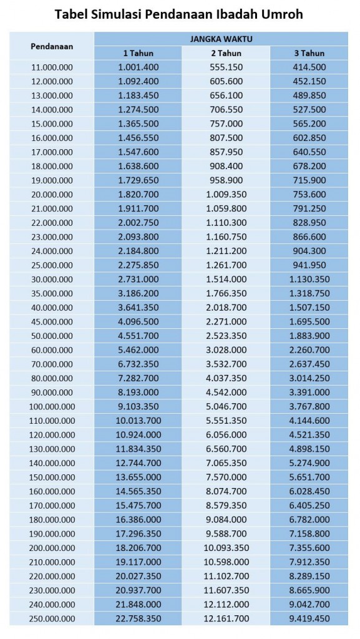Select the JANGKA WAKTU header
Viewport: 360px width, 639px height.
click(x=221, y=39)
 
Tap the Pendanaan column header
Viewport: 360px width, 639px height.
click(x=52, y=46)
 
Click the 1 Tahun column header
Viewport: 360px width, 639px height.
click(x=139, y=53)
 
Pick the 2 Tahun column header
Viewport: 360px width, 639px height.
click(x=226, y=53)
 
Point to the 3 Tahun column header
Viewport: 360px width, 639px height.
click(x=309, y=53)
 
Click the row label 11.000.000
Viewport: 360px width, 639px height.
click(x=52, y=67)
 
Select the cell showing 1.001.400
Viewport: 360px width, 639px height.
click(x=139, y=67)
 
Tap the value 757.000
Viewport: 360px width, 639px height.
click(x=226, y=124)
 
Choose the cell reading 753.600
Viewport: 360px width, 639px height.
click(x=309, y=195)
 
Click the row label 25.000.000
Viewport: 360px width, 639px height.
click(x=52, y=265)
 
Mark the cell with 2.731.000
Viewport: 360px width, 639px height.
click(x=139, y=279)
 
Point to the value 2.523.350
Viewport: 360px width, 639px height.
click(x=226, y=336)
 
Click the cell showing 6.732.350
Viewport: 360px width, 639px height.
click(x=139, y=364)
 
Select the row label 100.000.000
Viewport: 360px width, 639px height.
click(x=52, y=407)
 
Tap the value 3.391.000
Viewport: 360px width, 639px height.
click(x=309, y=393)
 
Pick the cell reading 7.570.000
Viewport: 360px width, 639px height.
click(x=226, y=477)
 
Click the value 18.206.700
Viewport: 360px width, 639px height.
click(x=139, y=548)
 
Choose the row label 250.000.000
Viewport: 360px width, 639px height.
click(x=52, y=618)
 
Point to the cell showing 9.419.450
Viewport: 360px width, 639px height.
click(x=309, y=618)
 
